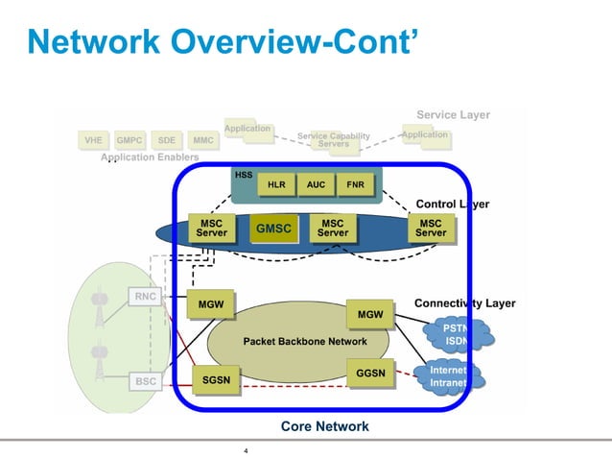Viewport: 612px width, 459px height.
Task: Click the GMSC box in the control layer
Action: click(x=272, y=229)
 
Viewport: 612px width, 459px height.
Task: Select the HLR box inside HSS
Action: click(x=276, y=184)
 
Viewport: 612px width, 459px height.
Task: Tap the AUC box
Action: click(x=316, y=184)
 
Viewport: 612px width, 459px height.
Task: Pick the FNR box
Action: click(x=355, y=184)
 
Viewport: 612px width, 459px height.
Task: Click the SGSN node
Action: click(x=216, y=380)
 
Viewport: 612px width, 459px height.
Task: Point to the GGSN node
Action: click(x=369, y=373)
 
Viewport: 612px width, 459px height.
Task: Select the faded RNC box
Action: click(x=145, y=297)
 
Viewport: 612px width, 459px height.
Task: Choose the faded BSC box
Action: click(x=145, y=381)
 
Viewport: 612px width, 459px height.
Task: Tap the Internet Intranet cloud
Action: click(x=448, y=376)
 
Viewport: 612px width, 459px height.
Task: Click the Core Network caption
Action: click(x=324, y=426)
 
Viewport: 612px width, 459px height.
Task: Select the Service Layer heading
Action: click(x=453, y=115)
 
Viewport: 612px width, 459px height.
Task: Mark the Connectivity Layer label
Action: click(x=464, y=303)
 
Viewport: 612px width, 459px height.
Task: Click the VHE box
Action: click(x=93, y=140)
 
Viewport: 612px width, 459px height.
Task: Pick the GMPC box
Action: click(x=129, y=140)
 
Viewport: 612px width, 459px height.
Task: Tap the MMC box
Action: click(x=202, y=140)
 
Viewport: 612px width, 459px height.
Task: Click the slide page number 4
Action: click(x=247, y=450)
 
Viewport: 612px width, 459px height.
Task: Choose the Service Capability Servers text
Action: click(x=333, y=140)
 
